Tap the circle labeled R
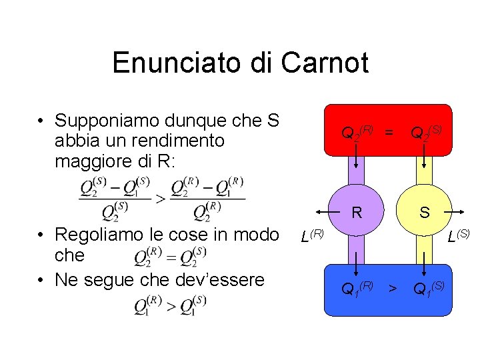tap(357, 213)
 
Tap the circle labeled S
tap(424, 213)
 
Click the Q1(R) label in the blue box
tap(357, 289)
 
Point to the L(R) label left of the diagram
tap(312, 235)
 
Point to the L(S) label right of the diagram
tap(459, 235)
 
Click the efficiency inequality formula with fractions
tap(162, 198)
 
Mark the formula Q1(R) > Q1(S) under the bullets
tap(170, 306)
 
